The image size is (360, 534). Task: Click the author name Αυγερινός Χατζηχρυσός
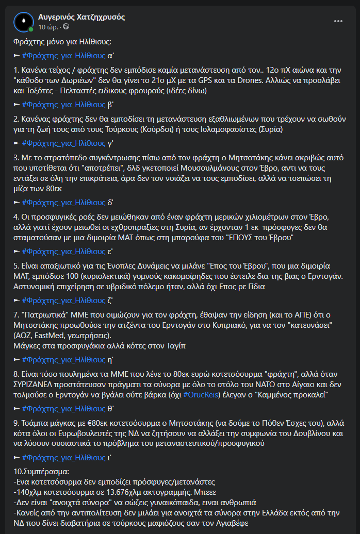point(81,17)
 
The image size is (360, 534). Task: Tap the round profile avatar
point(24,22)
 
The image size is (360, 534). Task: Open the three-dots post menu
point(338,21)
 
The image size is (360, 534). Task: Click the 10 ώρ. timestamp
point(48,26)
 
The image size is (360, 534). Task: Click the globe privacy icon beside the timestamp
point(66,26)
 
